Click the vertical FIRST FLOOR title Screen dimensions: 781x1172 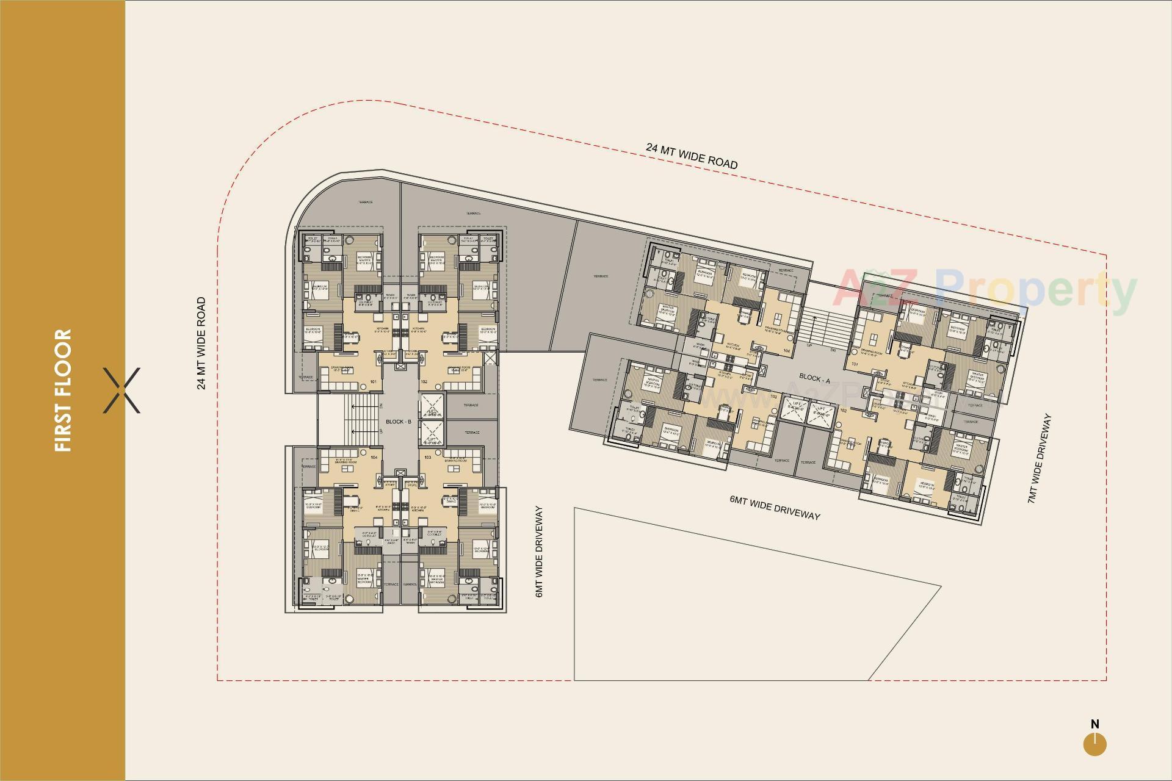pos(63,390)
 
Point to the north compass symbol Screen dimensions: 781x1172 pos(1095,744)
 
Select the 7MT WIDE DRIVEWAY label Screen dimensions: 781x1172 pos(1040,458)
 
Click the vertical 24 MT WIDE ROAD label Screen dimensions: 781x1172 pos(201,343)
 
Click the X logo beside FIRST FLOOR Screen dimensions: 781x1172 pos(121,390)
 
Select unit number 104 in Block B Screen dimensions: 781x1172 pos(374,457)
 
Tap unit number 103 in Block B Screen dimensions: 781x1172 pos(427,457)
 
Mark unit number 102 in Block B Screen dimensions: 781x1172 pos(424,383)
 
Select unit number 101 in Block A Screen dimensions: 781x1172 pos(855,365)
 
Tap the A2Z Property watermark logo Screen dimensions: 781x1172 pos(985,291)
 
